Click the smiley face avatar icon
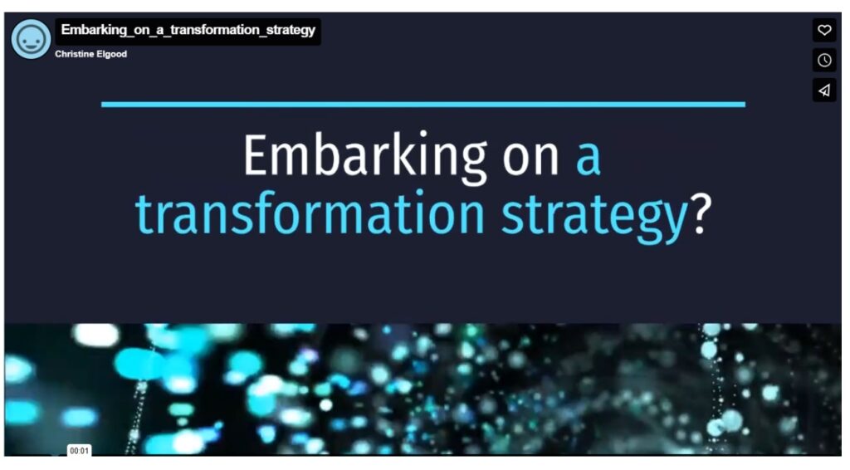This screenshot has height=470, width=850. tap(31, 39)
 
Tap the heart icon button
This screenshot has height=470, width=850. tap(824, 30)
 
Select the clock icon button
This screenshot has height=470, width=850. tap(824, 60)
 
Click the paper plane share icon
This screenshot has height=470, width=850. tap(824, 90)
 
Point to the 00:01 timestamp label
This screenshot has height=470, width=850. tap(79, 450)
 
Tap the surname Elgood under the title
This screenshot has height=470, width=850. tap(112, 54)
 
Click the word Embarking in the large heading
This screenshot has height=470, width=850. tap(365, 157)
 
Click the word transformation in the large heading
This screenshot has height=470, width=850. tap(310, 213)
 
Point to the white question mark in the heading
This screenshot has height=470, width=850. tap(701, 213)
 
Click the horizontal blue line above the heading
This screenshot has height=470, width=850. tap(423, 104)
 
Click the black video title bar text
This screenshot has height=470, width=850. tap(188, 30)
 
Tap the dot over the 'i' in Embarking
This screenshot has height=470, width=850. tap(423, 134)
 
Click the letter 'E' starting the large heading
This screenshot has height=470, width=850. tap(257, 155)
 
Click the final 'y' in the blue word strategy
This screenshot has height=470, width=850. tap(674, 223)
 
